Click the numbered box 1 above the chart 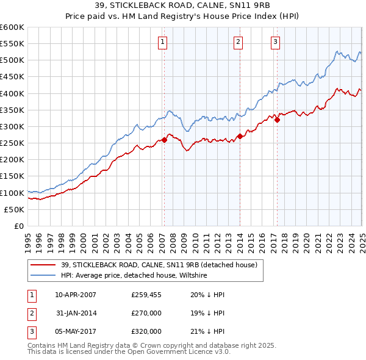pos(163,42)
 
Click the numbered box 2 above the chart pos(238,42)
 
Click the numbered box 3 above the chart pos(276,42)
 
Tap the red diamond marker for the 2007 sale pos(164,140)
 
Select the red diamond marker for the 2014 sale pos(240,137)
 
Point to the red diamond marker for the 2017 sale pos(277,120)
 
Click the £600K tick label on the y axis pos(12,27)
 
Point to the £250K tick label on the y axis pos(12,143)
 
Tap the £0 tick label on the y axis pos(19,226)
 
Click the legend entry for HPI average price pos(134,276)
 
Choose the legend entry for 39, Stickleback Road pos(159,265)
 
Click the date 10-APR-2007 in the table pos(76,295)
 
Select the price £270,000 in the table pos(146,313)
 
